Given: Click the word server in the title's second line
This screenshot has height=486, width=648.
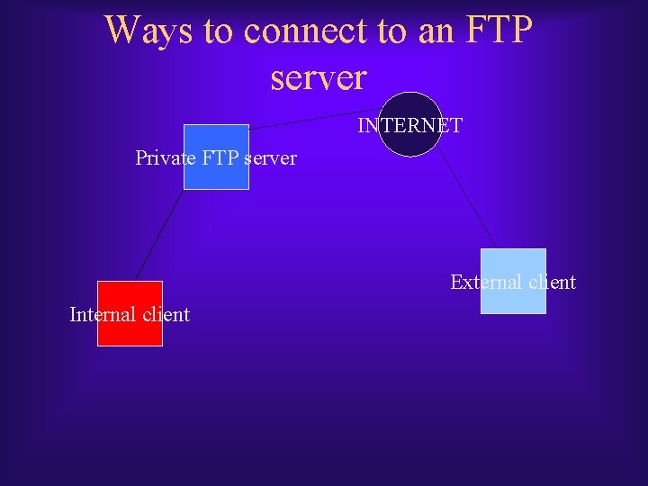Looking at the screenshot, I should click(319, 77).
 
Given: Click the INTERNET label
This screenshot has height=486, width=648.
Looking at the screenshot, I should click(410, 126).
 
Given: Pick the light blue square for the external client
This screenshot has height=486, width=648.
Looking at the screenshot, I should click(513, 301).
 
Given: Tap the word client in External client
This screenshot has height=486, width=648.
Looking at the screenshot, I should click(552, 283).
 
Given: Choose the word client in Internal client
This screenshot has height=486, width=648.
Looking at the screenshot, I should click(165, 315).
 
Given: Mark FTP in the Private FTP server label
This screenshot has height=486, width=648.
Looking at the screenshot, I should click(221, 158).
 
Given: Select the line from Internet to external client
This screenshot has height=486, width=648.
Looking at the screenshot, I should click(467, 198).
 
